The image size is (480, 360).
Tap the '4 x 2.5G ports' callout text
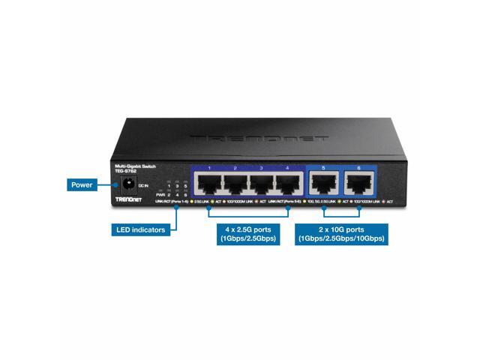247,228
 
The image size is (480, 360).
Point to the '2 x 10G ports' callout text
340,228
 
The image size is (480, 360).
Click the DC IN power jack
128,183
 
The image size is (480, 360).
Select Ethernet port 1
210,184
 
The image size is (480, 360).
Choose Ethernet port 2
236,184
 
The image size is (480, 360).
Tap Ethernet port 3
262,184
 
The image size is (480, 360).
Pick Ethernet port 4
287,184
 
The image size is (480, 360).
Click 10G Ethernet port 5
323,184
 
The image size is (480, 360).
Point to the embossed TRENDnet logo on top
259,139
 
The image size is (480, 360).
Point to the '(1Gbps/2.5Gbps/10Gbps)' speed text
340,239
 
